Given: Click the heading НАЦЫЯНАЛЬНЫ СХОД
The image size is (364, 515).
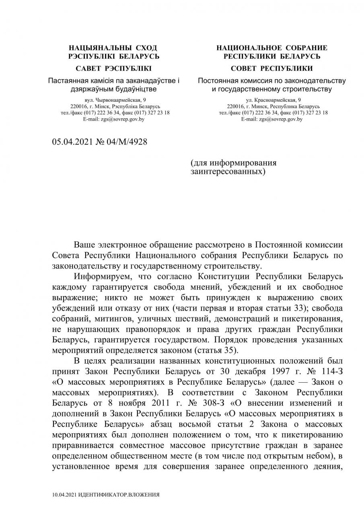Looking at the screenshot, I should pos(113,48).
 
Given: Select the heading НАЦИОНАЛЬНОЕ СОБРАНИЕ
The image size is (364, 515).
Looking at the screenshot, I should pos(272,48).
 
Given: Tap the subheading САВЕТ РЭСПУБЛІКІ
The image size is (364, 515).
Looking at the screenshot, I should pos(113,68).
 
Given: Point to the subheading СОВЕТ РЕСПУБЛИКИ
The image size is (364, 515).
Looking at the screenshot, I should pos(272,68).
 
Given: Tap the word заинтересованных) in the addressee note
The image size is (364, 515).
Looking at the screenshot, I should pos(228,172).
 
